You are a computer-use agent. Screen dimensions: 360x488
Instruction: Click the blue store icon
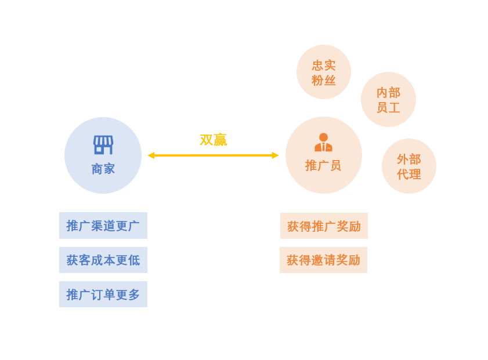(x=103, y=144)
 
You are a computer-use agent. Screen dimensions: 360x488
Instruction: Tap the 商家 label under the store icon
(x=103, y=169)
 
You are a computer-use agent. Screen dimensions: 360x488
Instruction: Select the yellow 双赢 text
(x=213, y=140)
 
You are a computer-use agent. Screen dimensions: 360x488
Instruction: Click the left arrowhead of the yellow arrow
(x=151, y=155)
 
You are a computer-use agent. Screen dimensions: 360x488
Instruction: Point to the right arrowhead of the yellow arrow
(x=275, y=155)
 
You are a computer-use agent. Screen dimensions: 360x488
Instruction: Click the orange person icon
(x=323, y=142)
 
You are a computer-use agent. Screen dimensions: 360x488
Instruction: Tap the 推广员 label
(x=323, y=166)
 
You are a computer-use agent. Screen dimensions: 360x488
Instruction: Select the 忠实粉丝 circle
(x=324, y=72)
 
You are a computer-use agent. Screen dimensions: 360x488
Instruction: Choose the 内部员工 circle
(x=388, y=99)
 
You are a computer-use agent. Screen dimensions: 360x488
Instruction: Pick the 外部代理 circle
(x=409, y=166)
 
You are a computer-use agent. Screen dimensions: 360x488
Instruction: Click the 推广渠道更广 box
(x=103, y=226)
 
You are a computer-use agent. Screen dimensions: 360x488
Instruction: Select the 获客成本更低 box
(x=103, y=260)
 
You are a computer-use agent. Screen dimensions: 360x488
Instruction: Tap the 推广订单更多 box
(x=103, y=294)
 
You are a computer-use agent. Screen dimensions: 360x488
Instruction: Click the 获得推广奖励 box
(x=324, y=226)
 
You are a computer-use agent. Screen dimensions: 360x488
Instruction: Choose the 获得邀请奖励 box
(x=323, y=260)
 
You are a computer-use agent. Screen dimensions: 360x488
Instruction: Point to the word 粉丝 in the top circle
(x=324, y=81)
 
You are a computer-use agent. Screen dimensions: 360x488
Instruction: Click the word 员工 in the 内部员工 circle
(x=388, y=108)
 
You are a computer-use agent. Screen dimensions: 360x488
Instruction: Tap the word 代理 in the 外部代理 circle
(x=409, y=174)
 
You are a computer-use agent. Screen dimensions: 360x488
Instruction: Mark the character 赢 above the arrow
(x=220, y=140)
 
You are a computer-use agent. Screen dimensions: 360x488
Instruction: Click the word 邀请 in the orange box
(x=323, y=260)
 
